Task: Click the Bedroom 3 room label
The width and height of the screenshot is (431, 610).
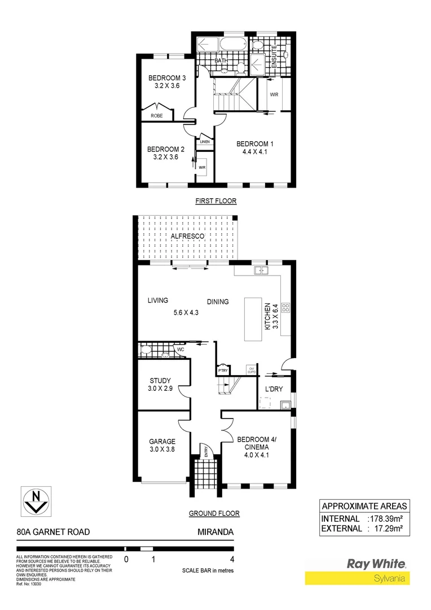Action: coord(166,78)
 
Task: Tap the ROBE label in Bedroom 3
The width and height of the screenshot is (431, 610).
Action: coord(156,115)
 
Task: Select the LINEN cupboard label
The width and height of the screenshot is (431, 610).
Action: coord(204,142)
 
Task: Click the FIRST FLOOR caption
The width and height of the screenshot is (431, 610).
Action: coord(215,201)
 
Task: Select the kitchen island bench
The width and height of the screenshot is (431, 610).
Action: coord(254,319)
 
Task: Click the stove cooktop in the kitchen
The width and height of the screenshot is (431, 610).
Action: coord(285,308)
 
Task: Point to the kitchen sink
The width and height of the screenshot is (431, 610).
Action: coord(261,271)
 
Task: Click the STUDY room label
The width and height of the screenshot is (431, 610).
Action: coord(160,381)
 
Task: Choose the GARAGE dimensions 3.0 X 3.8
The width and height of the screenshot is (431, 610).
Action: coord(162,450)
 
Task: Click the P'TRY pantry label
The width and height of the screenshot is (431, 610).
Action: coord(222,371)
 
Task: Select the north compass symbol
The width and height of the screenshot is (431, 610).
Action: coord(37,499)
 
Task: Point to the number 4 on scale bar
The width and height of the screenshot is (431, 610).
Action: coord(232,560)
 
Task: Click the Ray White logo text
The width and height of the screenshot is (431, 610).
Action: coord(376,564)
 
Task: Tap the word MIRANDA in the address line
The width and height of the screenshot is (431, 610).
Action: coord(215,531)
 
